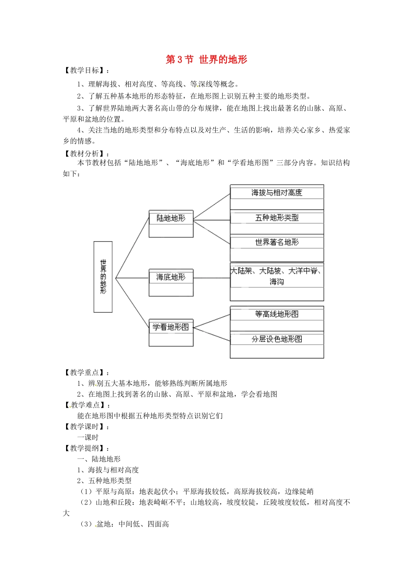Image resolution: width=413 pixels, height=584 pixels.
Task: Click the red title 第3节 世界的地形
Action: click(206, 60)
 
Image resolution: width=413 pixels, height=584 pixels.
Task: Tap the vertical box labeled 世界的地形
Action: click(103, 277)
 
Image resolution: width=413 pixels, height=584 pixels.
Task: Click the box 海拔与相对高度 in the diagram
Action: click(276, 193)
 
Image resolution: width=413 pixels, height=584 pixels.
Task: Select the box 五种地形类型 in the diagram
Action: click(276, 218)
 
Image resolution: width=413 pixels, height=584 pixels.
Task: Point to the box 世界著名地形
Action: click(276, 242)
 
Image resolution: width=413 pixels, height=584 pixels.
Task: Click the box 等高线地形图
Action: click(276, 314)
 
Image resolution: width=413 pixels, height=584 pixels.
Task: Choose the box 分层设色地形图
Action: click(276, 339)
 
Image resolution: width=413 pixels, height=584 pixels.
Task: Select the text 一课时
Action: click(88, 438)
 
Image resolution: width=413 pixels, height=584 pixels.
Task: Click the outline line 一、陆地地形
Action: click(99, 459)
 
